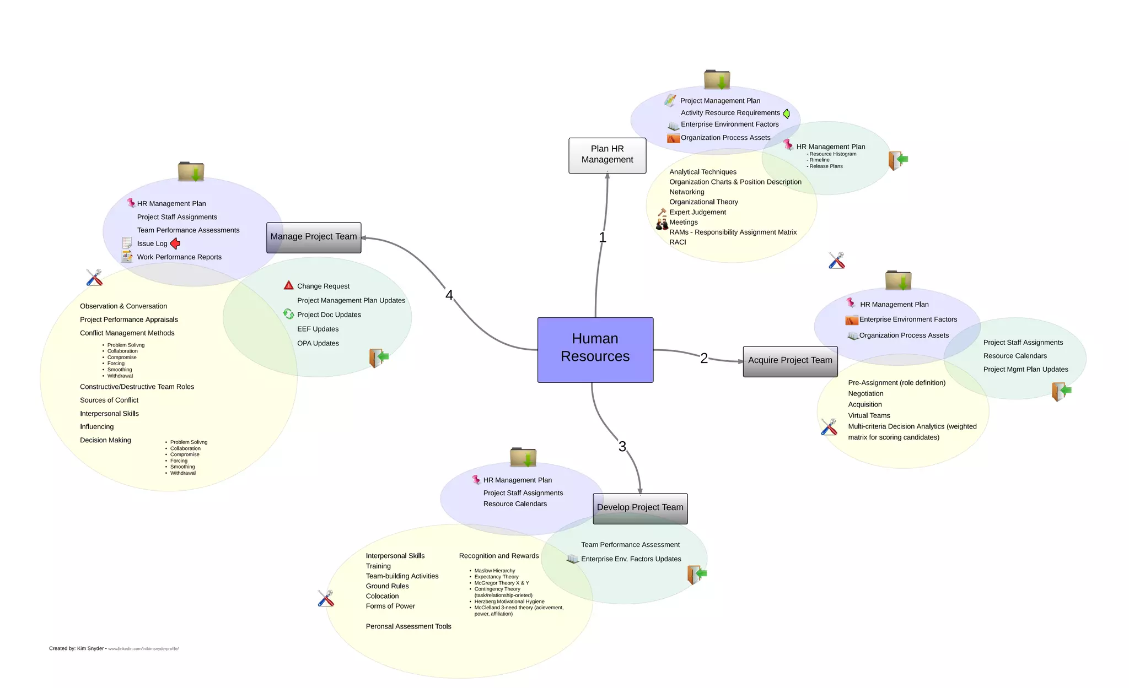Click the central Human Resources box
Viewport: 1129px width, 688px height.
pos(595,349)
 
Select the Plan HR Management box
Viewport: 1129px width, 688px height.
pos(607,155)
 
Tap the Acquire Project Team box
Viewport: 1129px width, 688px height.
pos(789,361)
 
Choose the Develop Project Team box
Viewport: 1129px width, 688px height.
pos(639,508)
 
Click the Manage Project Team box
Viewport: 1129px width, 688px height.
pos(313,237)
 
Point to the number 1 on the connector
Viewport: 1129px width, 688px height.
pos(602,237)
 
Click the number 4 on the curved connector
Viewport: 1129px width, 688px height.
pos(449,295)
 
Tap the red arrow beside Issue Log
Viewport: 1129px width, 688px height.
pos(175,243)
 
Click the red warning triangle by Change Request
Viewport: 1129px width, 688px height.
pos(288,285)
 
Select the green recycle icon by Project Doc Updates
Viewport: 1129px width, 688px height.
pos(288,314)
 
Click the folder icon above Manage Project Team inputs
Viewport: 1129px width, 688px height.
pos(191,171)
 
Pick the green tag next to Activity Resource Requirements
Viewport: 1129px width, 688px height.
pos(786,113)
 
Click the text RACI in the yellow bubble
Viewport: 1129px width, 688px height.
pos(678,242)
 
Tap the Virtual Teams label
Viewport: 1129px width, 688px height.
pos(868,416)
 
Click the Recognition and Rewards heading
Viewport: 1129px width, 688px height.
pos(498,556)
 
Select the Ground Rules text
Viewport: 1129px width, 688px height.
pos(387,586)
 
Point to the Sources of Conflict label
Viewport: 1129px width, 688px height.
pos(109,400)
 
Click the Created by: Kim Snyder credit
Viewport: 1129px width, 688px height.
pos(77,648)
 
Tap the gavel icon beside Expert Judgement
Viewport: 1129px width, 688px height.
pos(662,212)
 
